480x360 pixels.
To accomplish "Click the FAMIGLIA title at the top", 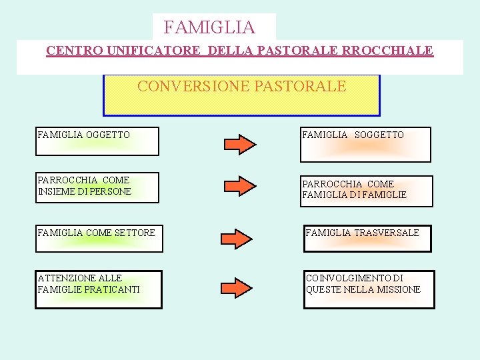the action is click(x=209, y=27).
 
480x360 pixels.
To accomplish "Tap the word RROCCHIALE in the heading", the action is click(x=389, y=50).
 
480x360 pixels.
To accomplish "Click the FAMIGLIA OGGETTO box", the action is click(x=97, y=141).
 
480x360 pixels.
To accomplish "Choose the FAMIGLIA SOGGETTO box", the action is click(x=365, y=144).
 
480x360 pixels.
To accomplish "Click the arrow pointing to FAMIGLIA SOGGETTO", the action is click(x=239, y=144).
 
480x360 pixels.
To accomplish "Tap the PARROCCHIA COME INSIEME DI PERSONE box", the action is click(x=97, y=187).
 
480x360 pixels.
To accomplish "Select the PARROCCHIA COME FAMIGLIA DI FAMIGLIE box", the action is click(x=366, y=191).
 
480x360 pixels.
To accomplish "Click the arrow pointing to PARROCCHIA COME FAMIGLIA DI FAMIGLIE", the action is click(x=239, y=186).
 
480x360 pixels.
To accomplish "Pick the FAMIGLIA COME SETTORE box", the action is click(x=99, y=239).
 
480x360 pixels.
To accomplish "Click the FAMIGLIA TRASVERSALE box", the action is click(x=367, y=239).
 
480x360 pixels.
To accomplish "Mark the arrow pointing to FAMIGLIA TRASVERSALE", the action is click(x=237, y=237).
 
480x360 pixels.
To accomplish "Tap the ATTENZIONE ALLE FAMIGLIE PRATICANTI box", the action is click(x=99, y=289).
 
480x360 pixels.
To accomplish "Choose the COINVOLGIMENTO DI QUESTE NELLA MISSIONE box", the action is click(x=369, y=289).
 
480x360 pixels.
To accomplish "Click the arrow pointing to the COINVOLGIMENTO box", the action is click(x=237, y=288).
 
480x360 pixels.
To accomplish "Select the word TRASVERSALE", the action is click(x=387, y=233).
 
